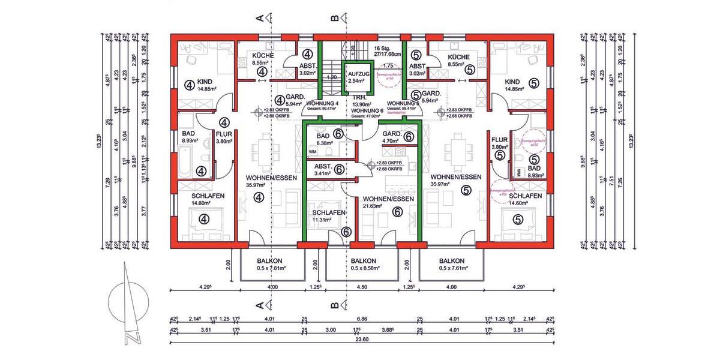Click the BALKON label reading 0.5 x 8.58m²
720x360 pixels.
[363, 265]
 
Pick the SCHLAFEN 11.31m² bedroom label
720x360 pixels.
[328, 217]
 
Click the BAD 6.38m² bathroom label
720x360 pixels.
[323, 140]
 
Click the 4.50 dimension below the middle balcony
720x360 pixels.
[362, 287]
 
